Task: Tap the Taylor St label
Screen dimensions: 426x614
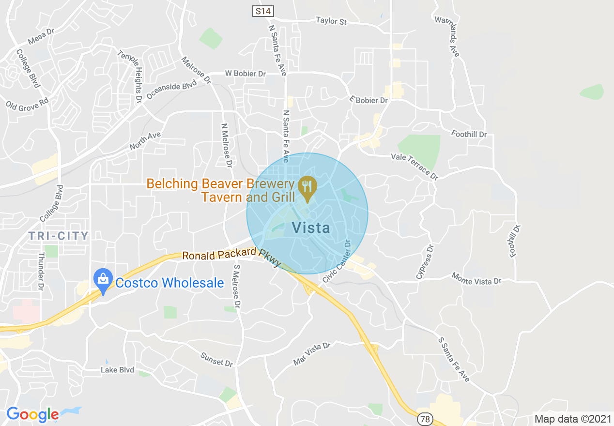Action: click(331, 21)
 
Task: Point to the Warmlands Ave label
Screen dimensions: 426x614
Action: click(447, 36)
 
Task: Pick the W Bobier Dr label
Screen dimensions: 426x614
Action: click(246, 74)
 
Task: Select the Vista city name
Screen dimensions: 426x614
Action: click(311, 228)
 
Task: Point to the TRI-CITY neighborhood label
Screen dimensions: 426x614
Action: click(59, 236)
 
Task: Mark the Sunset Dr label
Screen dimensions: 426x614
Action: click(216, 359)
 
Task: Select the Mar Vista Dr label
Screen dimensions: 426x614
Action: click(311, 353)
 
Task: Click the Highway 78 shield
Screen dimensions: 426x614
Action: click(425, 419)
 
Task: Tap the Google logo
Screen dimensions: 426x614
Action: click(32, 414)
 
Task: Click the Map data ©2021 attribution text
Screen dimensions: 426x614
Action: click(571, 419)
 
